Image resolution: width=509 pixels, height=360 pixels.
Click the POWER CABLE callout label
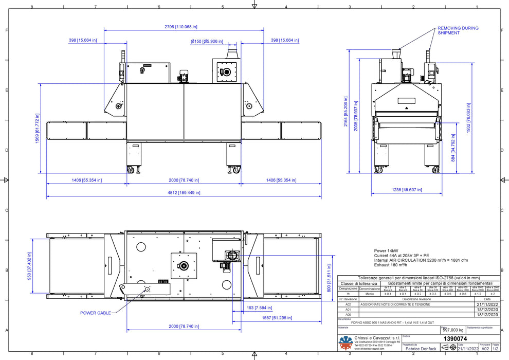pyautogui.click(x=95, y=313)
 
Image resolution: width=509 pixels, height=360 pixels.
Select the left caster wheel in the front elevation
pyautogui.click(x=130, y=169)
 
